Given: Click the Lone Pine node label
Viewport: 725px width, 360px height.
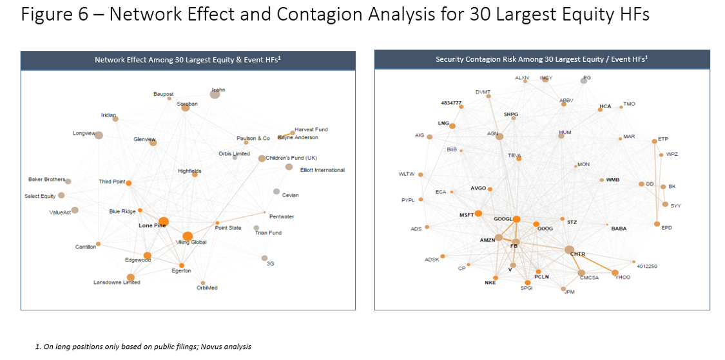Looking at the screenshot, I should click(153, 226).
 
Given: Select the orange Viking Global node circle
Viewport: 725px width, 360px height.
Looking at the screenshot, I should click(188, 236).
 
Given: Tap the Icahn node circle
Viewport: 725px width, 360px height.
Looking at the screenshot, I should click(215, 95).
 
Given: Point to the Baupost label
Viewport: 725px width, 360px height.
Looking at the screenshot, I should click(164, 94).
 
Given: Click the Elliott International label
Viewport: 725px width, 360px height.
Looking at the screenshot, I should click(322, 170).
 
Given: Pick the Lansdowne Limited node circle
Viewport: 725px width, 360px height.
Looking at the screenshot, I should click(131, 278).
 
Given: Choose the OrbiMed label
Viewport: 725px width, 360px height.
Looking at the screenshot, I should click(207, 288).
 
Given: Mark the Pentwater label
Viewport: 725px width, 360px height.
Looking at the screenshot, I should click(282, 216).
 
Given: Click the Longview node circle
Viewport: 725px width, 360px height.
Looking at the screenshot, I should click(99, 135).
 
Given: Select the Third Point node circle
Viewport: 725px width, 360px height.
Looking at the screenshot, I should click(129, 184).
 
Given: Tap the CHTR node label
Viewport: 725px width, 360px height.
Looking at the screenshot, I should click(577, 254).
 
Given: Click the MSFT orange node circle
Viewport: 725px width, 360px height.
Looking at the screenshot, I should click(479, 213).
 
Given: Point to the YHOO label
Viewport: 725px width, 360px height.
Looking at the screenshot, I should click(623, 278).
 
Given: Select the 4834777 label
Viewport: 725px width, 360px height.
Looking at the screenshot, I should click(451, 103).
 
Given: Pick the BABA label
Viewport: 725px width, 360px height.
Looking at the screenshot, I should click(619, 229).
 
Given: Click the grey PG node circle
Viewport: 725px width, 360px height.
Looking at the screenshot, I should click(584, 81).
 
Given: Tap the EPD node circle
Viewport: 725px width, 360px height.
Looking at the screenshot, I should click(657, 224).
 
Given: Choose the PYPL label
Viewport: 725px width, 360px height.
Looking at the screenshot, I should click(408, 200).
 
